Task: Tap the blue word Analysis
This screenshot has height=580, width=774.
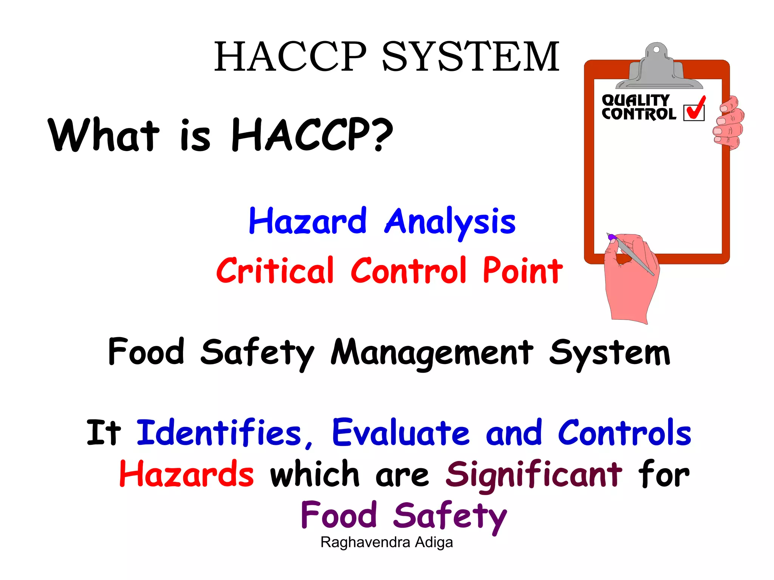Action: (450, 223)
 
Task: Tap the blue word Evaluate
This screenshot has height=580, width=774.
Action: (401, 433)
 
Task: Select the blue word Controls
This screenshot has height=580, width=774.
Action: (624, 433)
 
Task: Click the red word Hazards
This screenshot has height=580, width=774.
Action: (187, 474)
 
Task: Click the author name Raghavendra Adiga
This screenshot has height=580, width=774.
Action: (387, 542)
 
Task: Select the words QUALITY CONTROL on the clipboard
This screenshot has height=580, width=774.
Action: (638, 108)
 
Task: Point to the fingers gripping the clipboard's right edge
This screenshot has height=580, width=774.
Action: (729, 123)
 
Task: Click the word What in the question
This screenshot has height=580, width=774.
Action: (104, 135)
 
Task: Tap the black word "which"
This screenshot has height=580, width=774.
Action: (314, 474)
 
